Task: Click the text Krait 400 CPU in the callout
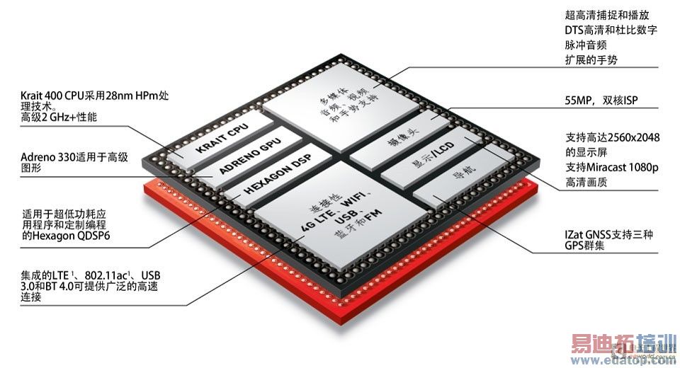(53, 96)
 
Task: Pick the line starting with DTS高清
(611, 31)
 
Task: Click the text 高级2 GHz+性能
(60, 117)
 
